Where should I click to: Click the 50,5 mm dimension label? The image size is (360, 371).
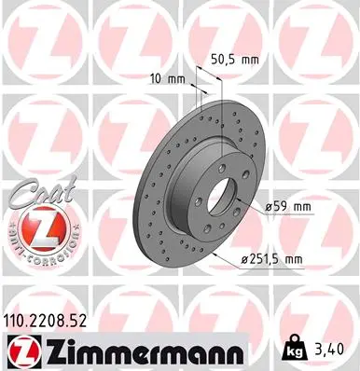click(x=233, y=59)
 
